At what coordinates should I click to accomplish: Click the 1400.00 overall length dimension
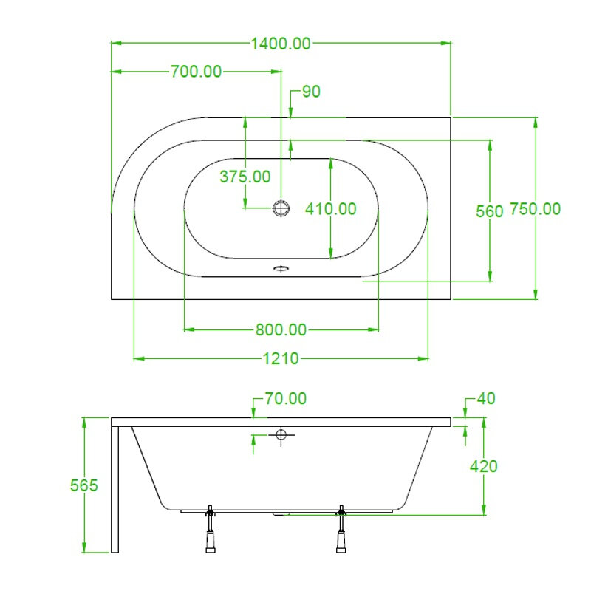coord(281,44)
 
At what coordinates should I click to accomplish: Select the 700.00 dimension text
coord(196,72)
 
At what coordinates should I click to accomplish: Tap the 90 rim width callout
coord(311,92)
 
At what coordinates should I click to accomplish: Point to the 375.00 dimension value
coord(245,177)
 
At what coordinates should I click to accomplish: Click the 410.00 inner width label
coord(330,209)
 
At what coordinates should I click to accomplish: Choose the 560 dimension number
coord(490,211)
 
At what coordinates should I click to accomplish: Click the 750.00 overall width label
coord(535,209)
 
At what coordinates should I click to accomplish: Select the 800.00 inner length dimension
coord(281,329)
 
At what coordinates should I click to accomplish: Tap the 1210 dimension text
coord(281,358)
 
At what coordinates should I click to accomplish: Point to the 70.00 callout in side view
coord(286,398)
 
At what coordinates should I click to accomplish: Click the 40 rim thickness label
coord(486,398)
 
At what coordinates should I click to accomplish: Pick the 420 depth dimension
coord(484,467)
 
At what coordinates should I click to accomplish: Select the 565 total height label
coord(84,485)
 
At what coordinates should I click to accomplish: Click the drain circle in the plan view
coord(281,208)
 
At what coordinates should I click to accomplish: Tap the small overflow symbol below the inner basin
coord(281,268)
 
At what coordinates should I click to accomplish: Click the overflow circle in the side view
coord(281,434)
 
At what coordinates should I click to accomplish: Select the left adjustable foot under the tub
coord(211,529)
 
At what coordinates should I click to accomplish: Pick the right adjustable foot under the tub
coord(341,529)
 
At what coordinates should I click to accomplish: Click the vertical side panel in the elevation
coord(115,489)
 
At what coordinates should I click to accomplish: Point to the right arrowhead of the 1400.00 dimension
coord(447,43)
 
